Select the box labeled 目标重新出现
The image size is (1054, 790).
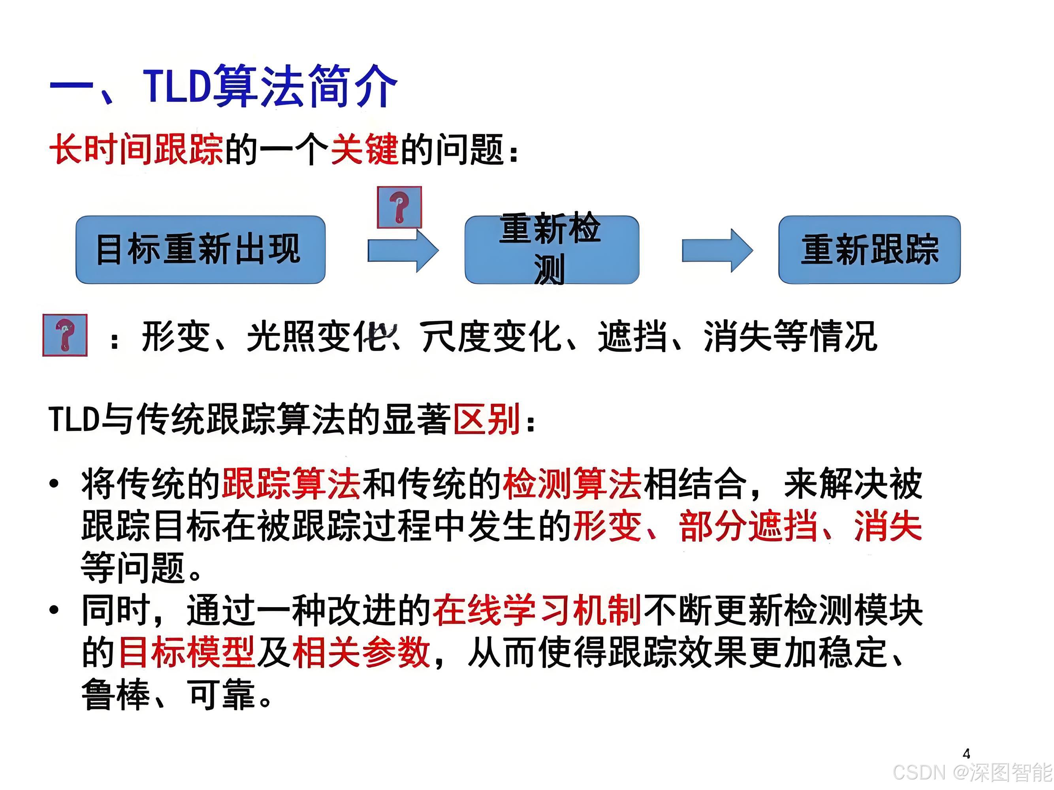click(x=200, y=250)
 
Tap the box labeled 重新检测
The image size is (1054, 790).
click(x=551, y=250)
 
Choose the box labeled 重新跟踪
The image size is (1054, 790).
click(x=869, y=250)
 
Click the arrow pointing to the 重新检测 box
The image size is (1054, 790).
click(x=403, y=250)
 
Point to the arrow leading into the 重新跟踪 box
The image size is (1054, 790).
click(x=717, y=250)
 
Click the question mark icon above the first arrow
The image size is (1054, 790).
click(x=399, y=207)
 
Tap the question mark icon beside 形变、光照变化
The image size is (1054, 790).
click(x=65, y=335)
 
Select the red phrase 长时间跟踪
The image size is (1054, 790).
click(x=136, y=150)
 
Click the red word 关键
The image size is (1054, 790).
click(x=365, y=150)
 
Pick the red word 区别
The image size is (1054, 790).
click(x=486, y=419)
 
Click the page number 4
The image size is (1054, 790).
click(x=966, y=754)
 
